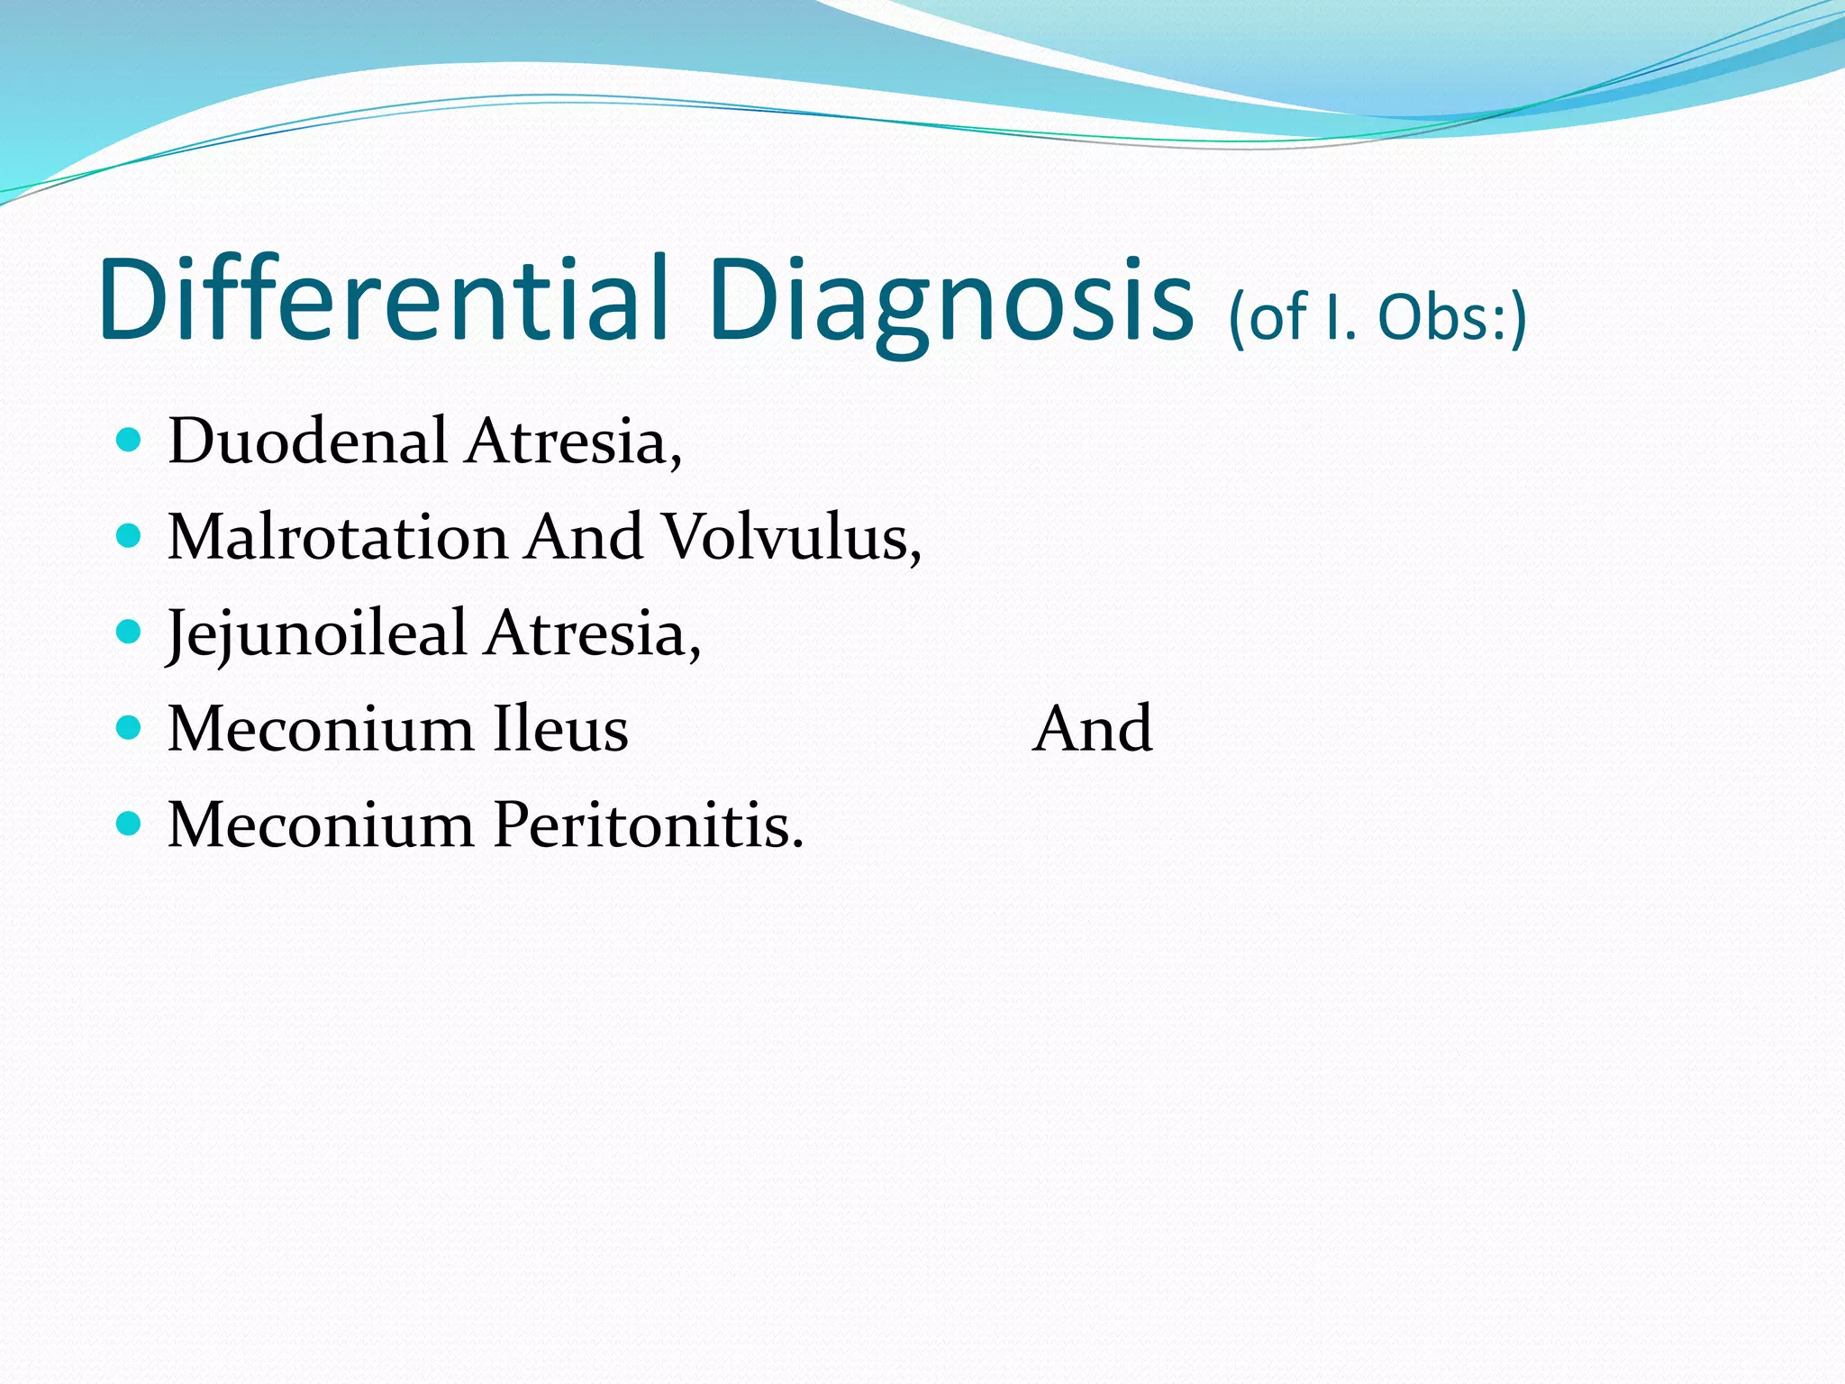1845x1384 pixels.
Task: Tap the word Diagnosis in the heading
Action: [x=951, y=302]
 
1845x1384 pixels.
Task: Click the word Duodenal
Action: [x=308, y=442]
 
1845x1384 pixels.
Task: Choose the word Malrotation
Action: [x=338, y=538]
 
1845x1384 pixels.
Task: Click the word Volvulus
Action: [x=792, y=538]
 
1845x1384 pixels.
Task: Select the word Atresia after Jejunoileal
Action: [x=593, y=633]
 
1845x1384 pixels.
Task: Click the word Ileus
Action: [x=560, y=729]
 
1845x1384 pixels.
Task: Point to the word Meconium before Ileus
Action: [x=321, y=729]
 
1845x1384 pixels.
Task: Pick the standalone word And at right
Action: [x=1092, y=729]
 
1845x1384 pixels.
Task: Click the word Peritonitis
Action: [x=648, y=825]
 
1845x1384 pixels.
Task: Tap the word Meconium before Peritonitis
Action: [x=321, y=825]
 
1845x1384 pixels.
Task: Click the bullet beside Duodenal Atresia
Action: [x=130, y=440]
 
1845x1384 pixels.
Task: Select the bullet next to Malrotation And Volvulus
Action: [x=130, y=536]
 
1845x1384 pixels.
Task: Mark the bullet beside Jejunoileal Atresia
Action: [x=130, y=632]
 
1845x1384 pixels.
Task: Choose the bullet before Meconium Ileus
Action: [x=130, y=727]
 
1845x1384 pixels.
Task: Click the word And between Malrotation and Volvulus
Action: [x=585, y=538]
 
